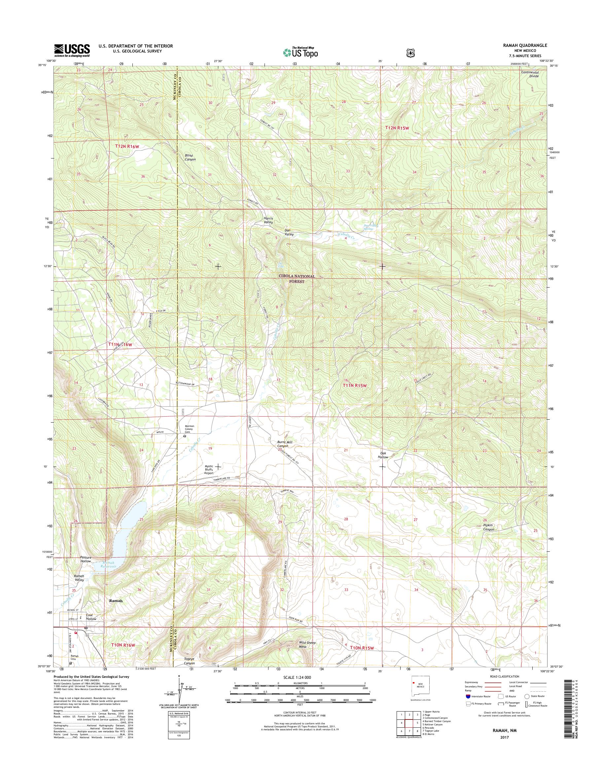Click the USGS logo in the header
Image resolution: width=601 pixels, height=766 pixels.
[72, 51]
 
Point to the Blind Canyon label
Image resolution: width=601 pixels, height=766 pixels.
[190, 157]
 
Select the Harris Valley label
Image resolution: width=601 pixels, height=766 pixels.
[268, 220]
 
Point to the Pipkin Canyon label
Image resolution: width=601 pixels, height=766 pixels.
[488, 527]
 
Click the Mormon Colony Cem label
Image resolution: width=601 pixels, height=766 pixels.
[189, 429]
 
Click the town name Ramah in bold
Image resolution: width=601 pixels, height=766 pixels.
[116, 601]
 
